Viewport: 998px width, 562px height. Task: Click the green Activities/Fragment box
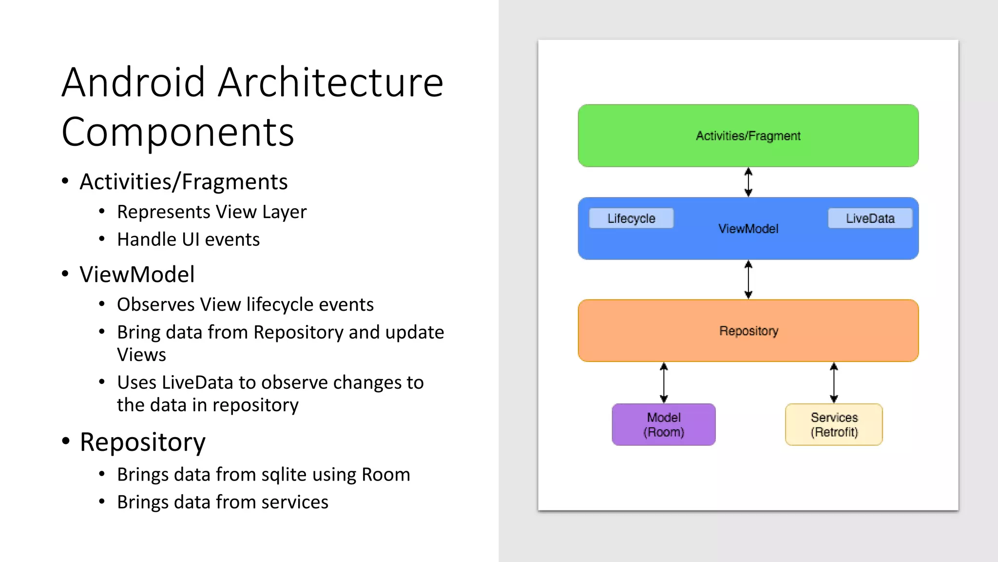pos(748,136)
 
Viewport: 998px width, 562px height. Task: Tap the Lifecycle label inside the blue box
pos(631,219)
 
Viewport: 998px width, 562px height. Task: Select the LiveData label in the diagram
pos(870,219)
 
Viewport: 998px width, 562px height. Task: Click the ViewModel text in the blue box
pos(748,229)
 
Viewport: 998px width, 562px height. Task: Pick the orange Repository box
pos(748,331)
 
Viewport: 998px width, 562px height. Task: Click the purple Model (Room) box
pos(664,424)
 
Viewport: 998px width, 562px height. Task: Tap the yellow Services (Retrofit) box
pos(834,424)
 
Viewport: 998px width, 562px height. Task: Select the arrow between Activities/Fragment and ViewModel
pos(748,182)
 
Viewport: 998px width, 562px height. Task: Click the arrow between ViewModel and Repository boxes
pos(748,280)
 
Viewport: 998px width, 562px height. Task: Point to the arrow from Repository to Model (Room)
pos(664,382)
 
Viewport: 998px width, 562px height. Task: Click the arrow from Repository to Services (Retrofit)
pos(834,382)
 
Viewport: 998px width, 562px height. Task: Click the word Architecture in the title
pos(330,82)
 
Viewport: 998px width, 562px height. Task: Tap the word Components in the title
pos(178,132)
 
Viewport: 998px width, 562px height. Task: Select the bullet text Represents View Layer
pos(211,212)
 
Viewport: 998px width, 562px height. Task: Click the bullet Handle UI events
pos(188,240)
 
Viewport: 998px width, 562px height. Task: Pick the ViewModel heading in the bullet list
pos(137,274)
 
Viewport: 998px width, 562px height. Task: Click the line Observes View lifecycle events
pos(245,304)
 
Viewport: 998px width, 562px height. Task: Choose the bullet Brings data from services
pos(223,502)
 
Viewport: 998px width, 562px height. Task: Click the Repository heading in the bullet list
pos(142,442)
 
